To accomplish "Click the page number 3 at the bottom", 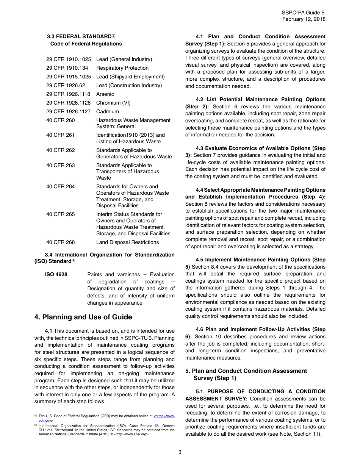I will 180,452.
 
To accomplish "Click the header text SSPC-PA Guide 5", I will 304,13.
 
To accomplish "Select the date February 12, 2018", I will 304,19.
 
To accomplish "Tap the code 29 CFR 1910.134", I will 67,68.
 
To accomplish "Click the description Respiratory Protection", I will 122,68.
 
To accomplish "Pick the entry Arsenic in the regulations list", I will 105,94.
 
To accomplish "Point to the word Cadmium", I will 107,111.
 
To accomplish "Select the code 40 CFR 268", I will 61,242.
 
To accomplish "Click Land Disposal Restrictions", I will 127,242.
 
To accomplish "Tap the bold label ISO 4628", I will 56,274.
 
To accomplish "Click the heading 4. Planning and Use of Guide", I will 83,317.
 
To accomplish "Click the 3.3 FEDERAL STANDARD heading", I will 81,37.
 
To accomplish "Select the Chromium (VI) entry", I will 113,103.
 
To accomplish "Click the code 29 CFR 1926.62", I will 66,85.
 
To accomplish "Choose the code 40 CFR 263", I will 61,165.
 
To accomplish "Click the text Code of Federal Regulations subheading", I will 86,44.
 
